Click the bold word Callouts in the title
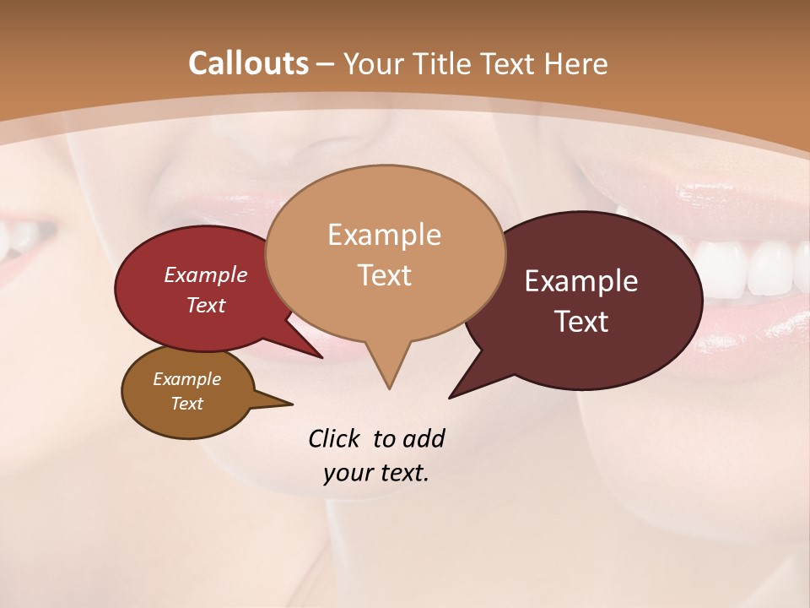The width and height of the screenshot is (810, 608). tap(248, 63)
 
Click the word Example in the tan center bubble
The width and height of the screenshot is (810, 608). tap(384, 235)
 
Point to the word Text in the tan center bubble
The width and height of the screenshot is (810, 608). tap(384, 275)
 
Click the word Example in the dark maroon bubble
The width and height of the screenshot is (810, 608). tap(581, 281)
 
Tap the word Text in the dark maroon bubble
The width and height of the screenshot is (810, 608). tap(581, 322)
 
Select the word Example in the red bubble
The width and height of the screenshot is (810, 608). tap(205, 274)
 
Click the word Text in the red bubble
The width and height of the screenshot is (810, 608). tap(205, 305)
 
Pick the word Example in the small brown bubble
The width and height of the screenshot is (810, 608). tap(186, 379)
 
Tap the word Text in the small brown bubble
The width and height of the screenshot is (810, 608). tap(186, 404)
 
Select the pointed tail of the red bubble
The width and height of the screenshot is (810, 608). tap(316, 354)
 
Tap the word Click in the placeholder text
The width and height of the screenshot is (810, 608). tap(336, 438)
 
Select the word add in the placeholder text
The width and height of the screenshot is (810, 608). tap(423, 438)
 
